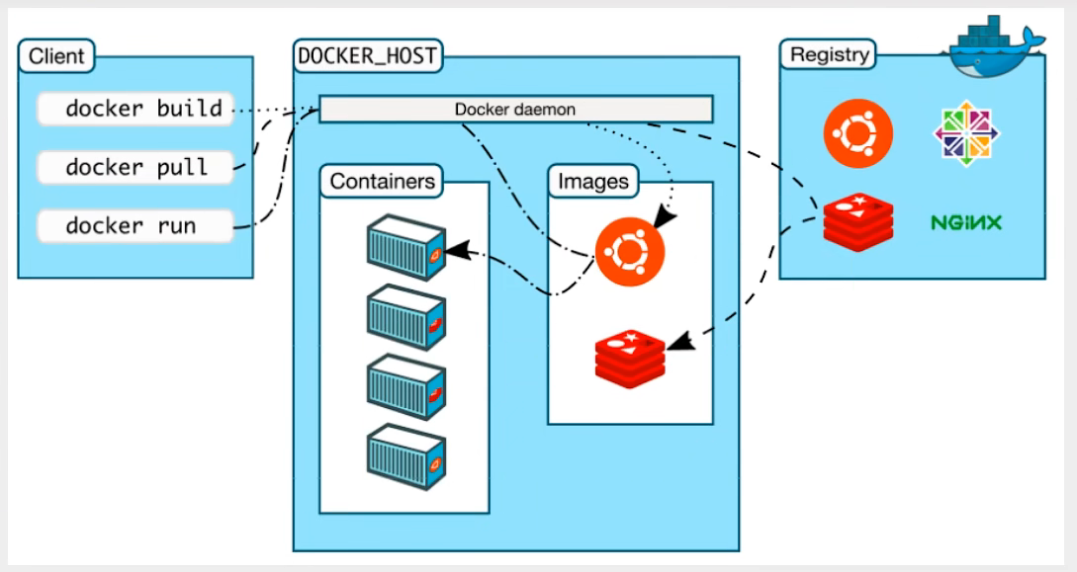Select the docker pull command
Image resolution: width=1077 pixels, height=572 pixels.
(136, 168)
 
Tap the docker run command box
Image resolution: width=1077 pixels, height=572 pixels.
(136, 226)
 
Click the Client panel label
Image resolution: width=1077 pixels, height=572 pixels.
(56, 56)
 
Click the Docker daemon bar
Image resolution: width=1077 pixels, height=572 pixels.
(515, 109)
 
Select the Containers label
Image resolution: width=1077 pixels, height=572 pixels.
(382, 182)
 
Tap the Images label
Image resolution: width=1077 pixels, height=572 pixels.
(592, 182)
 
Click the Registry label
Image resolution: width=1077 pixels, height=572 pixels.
(829, 55)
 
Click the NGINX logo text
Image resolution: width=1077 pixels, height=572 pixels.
(965, 222)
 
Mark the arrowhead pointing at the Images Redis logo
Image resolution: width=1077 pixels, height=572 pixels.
(675, 345)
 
